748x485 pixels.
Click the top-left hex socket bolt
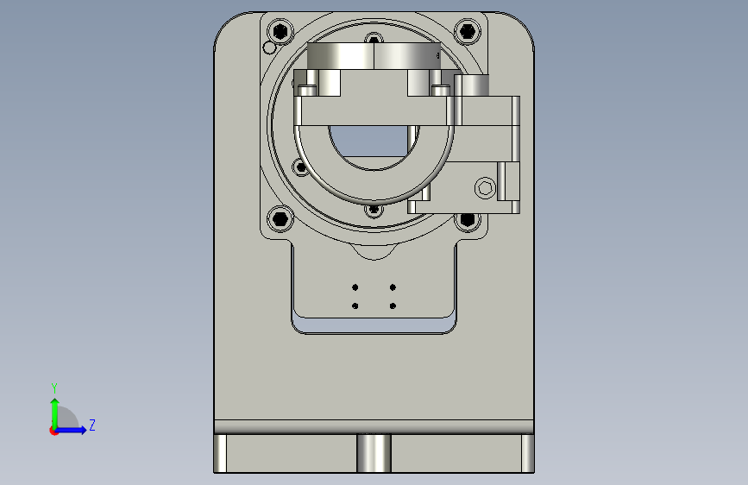pos(280,32)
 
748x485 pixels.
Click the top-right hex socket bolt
pos(468,32)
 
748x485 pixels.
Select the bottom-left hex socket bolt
pos(280,219)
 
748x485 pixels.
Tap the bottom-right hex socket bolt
pos(468,219)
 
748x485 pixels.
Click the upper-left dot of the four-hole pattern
pos(355,287)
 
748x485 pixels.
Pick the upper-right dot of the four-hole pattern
pos(393,287)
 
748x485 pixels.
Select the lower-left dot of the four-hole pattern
pos(355,306)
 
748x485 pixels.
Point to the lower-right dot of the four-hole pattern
pos(393,306)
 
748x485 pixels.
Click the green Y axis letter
pos(54,387)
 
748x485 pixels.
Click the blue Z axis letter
pos(92,425)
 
